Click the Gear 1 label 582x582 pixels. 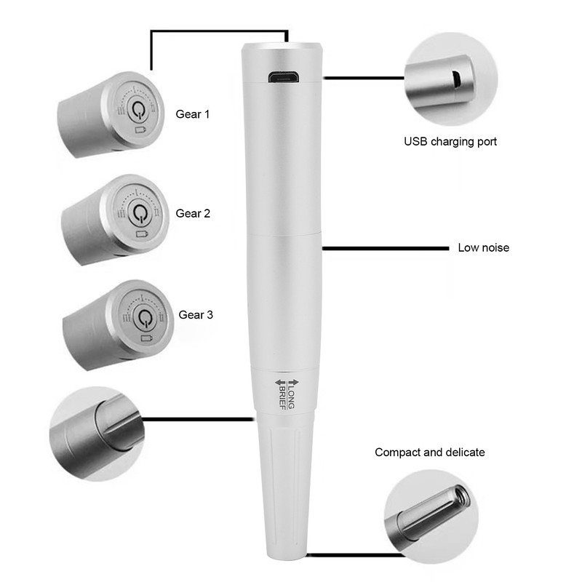(193, 114)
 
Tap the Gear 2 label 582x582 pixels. (193, 213)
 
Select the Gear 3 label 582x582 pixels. (196, 315)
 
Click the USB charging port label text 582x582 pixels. (450, 142)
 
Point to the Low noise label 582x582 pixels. (483, 247)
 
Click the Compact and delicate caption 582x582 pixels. (429, 453)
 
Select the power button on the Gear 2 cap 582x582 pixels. (139, 213)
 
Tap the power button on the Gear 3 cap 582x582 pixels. (144, 318)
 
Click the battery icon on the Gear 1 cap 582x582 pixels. (141, 130)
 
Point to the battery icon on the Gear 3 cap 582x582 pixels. (148, 338)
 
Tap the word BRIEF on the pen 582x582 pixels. (281, 393)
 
